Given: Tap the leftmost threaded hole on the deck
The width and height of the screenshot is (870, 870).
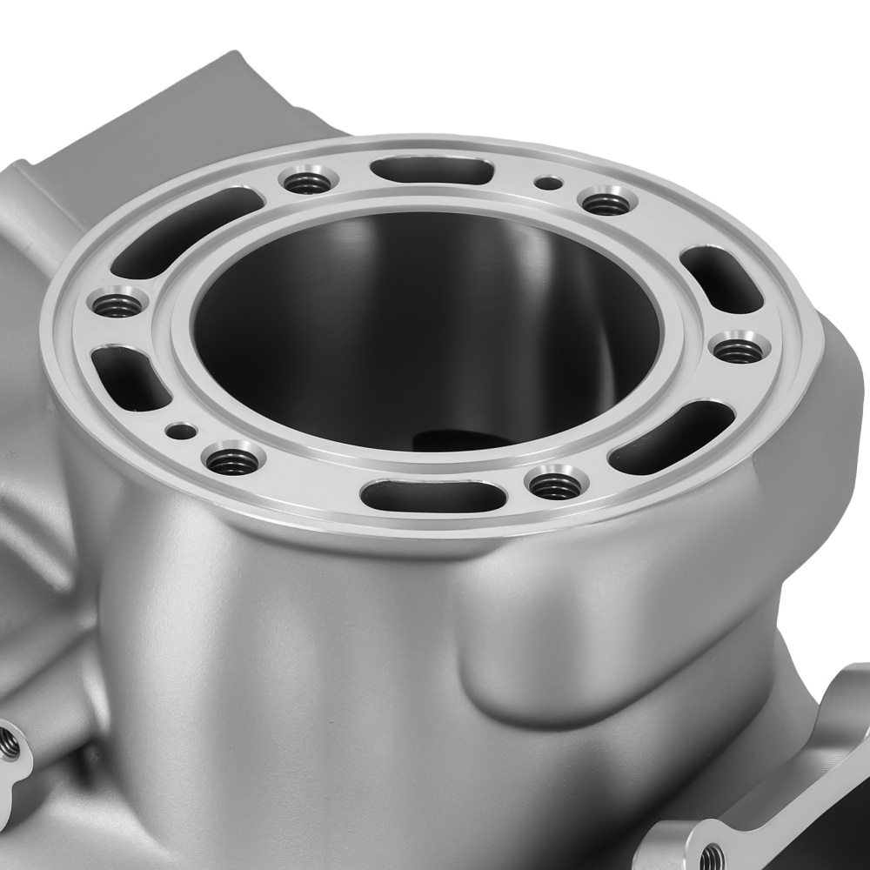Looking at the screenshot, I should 117,304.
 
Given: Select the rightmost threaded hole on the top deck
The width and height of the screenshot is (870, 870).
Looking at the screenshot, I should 739,350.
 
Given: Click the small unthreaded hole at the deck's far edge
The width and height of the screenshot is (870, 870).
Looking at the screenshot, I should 548,183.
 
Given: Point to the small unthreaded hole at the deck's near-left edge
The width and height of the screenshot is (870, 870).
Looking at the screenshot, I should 182,430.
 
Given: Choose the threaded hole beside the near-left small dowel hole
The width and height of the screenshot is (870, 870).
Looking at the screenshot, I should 232,460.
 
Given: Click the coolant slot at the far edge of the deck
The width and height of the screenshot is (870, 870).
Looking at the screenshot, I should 432,170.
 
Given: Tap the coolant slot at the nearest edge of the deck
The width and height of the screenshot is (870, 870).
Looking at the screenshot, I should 432,496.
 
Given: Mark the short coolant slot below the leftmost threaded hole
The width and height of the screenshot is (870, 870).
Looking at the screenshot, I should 130,377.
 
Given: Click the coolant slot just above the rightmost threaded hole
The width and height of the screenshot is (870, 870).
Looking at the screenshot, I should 721,279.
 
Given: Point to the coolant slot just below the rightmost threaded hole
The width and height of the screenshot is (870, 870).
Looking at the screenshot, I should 671,437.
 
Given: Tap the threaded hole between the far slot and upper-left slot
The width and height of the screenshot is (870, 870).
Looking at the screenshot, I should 308,183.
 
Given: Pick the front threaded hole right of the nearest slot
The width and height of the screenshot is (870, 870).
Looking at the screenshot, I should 555,485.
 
